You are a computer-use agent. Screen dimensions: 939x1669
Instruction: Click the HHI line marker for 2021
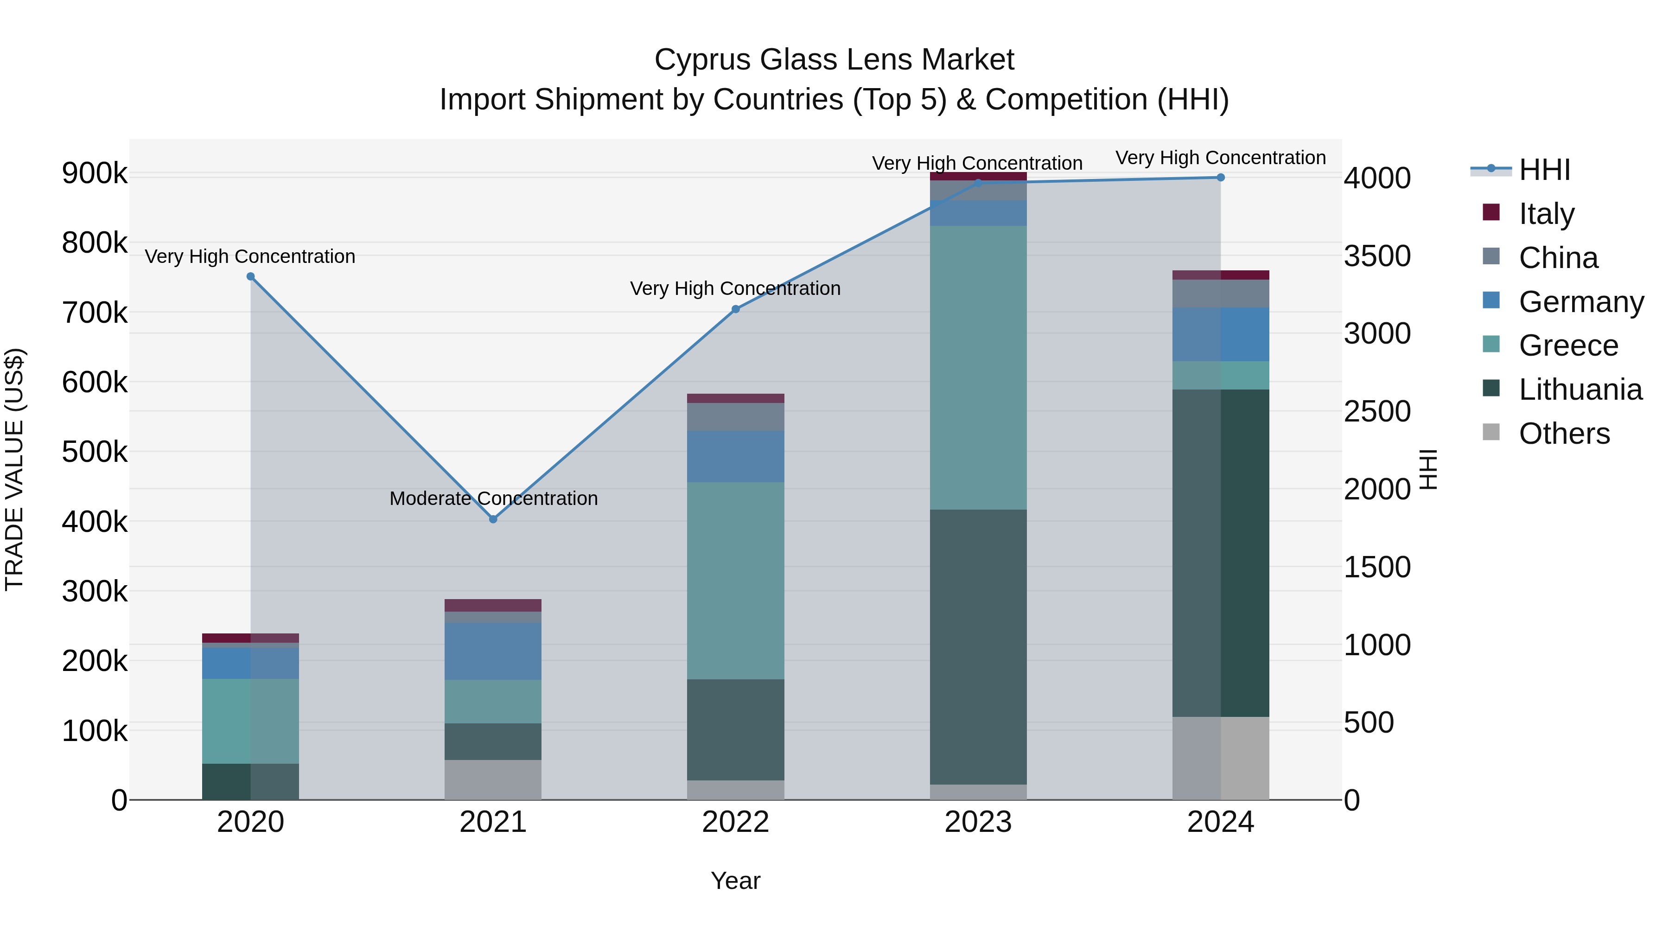click(493, 519)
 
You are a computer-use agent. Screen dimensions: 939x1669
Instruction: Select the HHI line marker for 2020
click(251, 277)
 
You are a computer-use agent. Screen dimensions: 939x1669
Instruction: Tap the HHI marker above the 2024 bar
click(1221, 178)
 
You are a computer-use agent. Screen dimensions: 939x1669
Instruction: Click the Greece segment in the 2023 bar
click(978, 367)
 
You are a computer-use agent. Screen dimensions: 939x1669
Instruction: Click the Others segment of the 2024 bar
click(1221, 758)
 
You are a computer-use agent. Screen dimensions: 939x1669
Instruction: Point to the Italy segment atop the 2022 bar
click(735, 398)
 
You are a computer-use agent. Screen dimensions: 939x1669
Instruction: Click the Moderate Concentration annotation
click(493, 498)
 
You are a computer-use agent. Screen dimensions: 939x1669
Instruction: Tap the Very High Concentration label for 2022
click(735, 288)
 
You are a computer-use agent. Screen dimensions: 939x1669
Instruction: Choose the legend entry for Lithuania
click(1580, 390)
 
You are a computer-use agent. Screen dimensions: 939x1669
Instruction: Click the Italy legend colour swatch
click(1491, 212)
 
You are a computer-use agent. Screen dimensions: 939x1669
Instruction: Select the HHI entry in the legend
click(1544, 170)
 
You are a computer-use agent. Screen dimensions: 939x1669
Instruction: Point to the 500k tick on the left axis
click(95, 452)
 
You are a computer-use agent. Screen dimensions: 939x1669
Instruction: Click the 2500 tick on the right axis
click(1377, 411)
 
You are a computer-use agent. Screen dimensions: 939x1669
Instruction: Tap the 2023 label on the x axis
click(978, 822)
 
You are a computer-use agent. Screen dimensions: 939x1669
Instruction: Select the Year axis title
click(735, 881)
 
